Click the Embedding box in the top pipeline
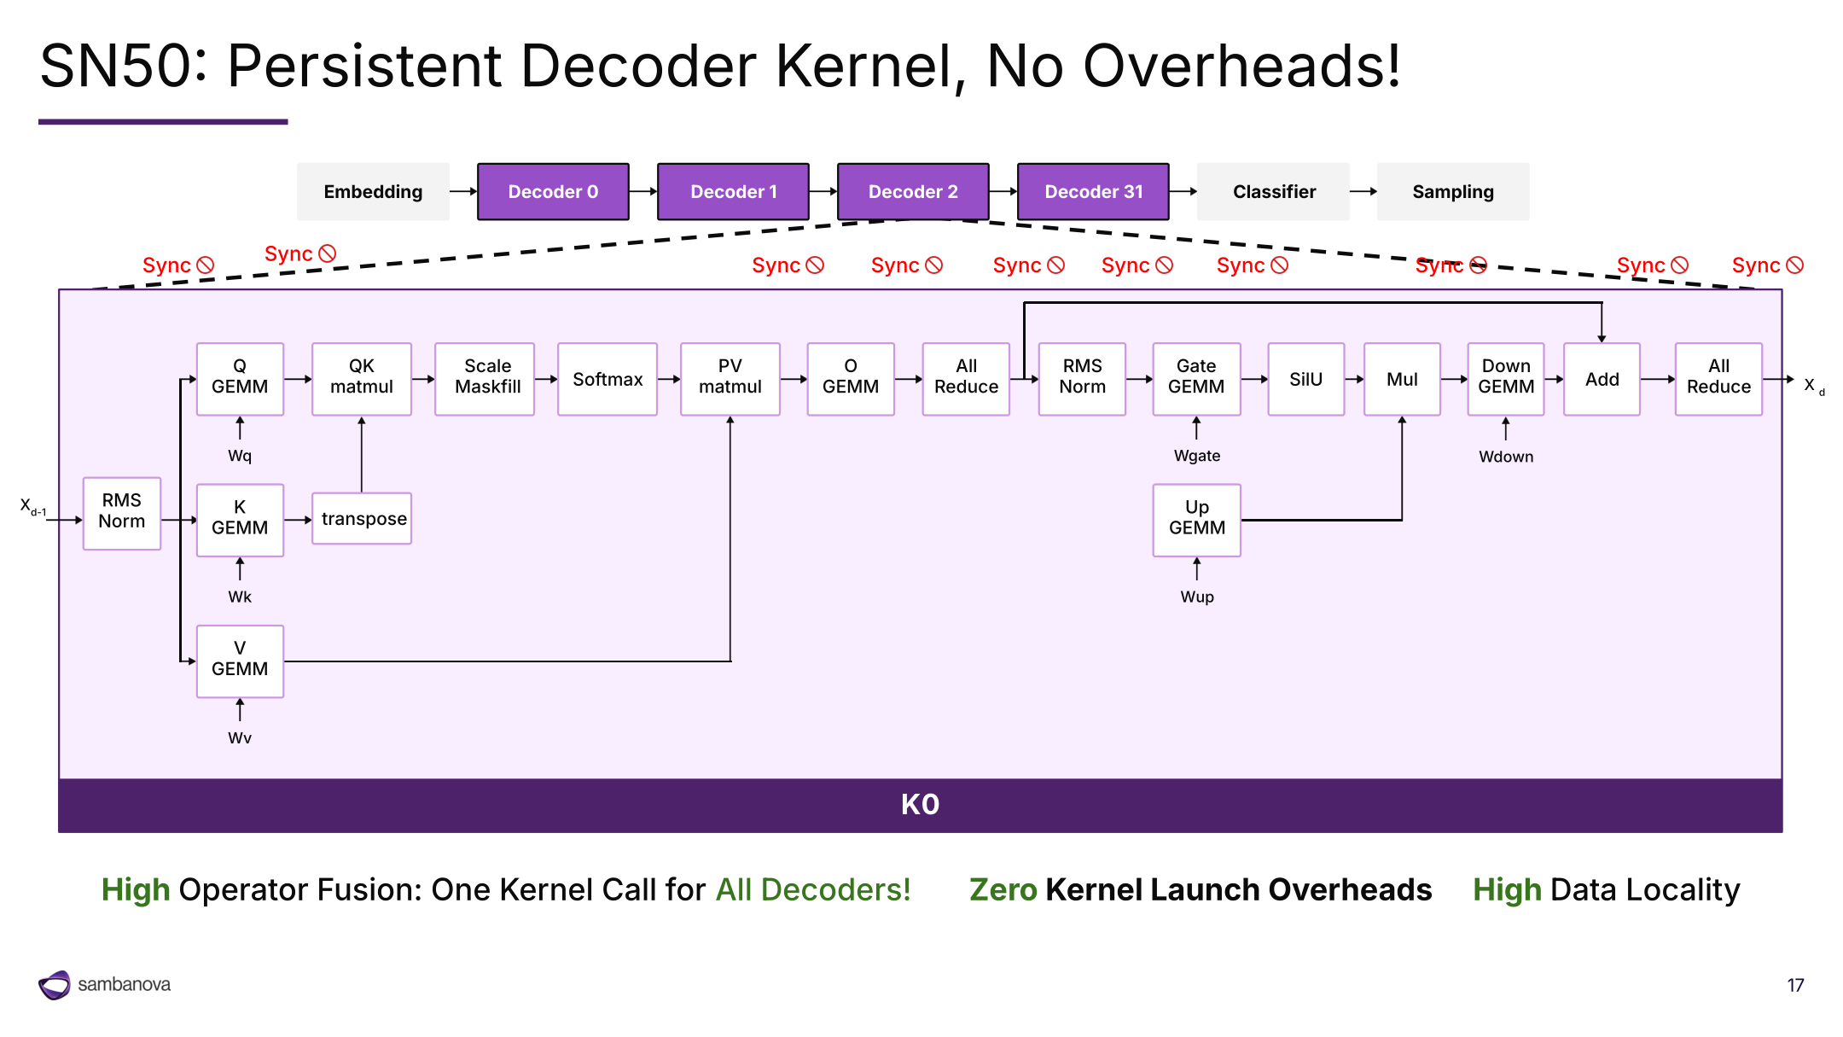pos(373,191)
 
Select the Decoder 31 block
pos(1093,191)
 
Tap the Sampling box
pos(1453,191)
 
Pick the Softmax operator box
pos(608,379)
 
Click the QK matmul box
pos(362,379)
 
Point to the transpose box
pos(362,518)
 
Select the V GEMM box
pos(240,661)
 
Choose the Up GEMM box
pos(1197,520)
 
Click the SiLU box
pos(1306,379)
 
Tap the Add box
pos(1602,379)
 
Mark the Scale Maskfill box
pos(487,379)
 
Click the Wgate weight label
pos(1197,456)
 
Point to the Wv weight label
pos(240,737)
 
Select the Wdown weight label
pos(1506,457)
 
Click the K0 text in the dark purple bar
pos(920,804)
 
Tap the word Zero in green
pos(1003,889)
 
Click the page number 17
pos(1795,985)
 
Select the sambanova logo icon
pos(55,985)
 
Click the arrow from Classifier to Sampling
pos(1363,191)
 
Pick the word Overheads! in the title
pos(1241,66)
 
